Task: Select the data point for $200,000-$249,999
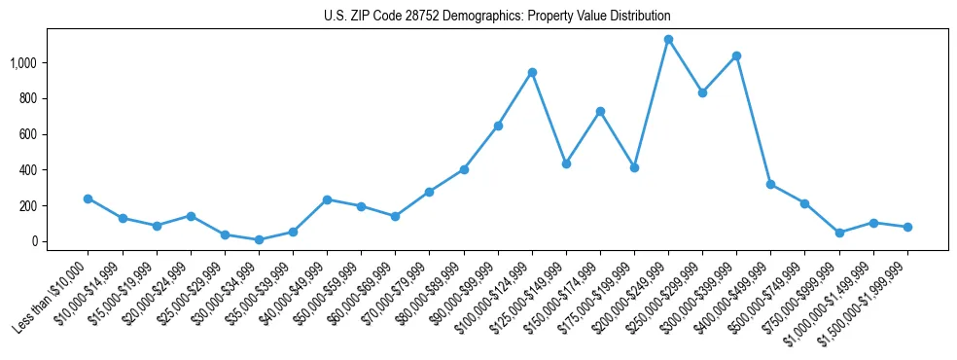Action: coord(668,40)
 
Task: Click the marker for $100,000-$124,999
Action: coord(532,72)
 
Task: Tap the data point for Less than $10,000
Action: coord(88,198)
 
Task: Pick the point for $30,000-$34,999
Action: coord(259,239)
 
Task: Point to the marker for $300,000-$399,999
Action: coord(736,55)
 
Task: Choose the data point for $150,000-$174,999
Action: coord(600,111)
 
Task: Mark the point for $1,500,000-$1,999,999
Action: coord(907,227)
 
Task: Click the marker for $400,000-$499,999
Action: coord(770,184)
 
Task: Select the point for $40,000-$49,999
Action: coord(327,199)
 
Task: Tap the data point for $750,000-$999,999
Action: coord(839,233)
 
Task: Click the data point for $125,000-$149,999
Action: coord(566,163)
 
